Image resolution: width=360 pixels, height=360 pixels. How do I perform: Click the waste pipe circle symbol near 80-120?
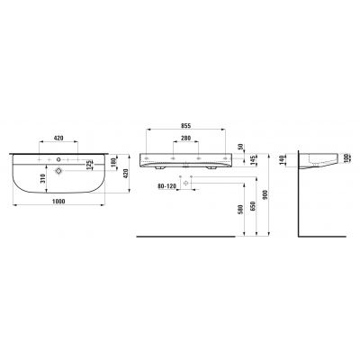click(187, 182)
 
